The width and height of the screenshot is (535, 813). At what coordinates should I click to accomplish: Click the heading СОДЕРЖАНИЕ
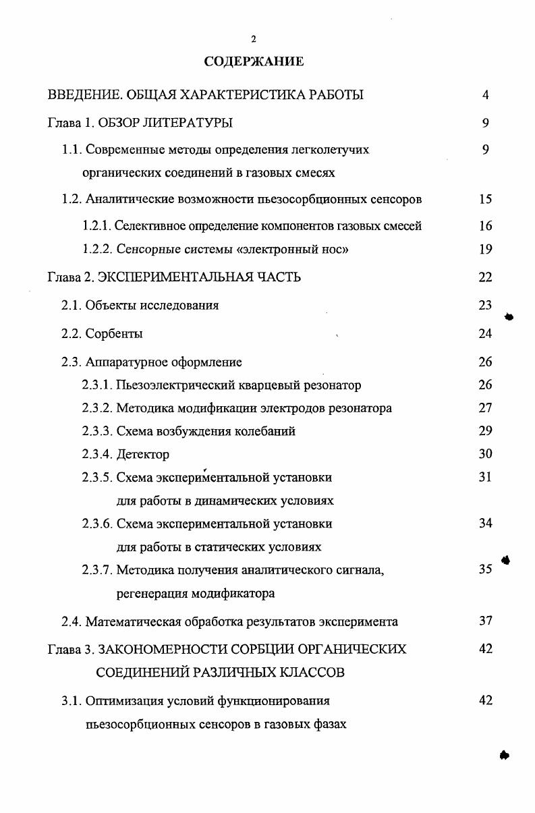pyautogui.click(x=254, y=61)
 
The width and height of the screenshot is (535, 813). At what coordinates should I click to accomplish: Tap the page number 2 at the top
pyautogui.click(x=254, y=39)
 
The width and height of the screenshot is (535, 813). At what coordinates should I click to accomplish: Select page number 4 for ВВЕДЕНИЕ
pyautogui.click(x=485, y=95)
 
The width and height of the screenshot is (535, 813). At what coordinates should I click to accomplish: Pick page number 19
pyautogui.click(x=485, y=250)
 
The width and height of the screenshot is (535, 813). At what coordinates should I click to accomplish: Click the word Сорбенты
pyautogui.click(x=114, y=334)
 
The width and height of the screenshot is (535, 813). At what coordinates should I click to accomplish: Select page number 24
pyautogui.click(x=485, y=333)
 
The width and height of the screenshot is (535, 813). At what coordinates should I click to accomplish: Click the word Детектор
pyautogui.click(x=143, y=455)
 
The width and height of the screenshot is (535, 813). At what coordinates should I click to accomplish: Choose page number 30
pyautogui.click(x=485, y=454)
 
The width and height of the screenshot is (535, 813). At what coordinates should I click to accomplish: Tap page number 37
pyautogui.click(x=485, y=621)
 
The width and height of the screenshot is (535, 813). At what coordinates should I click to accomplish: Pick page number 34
pyautogui.click(x=485, y=524)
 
